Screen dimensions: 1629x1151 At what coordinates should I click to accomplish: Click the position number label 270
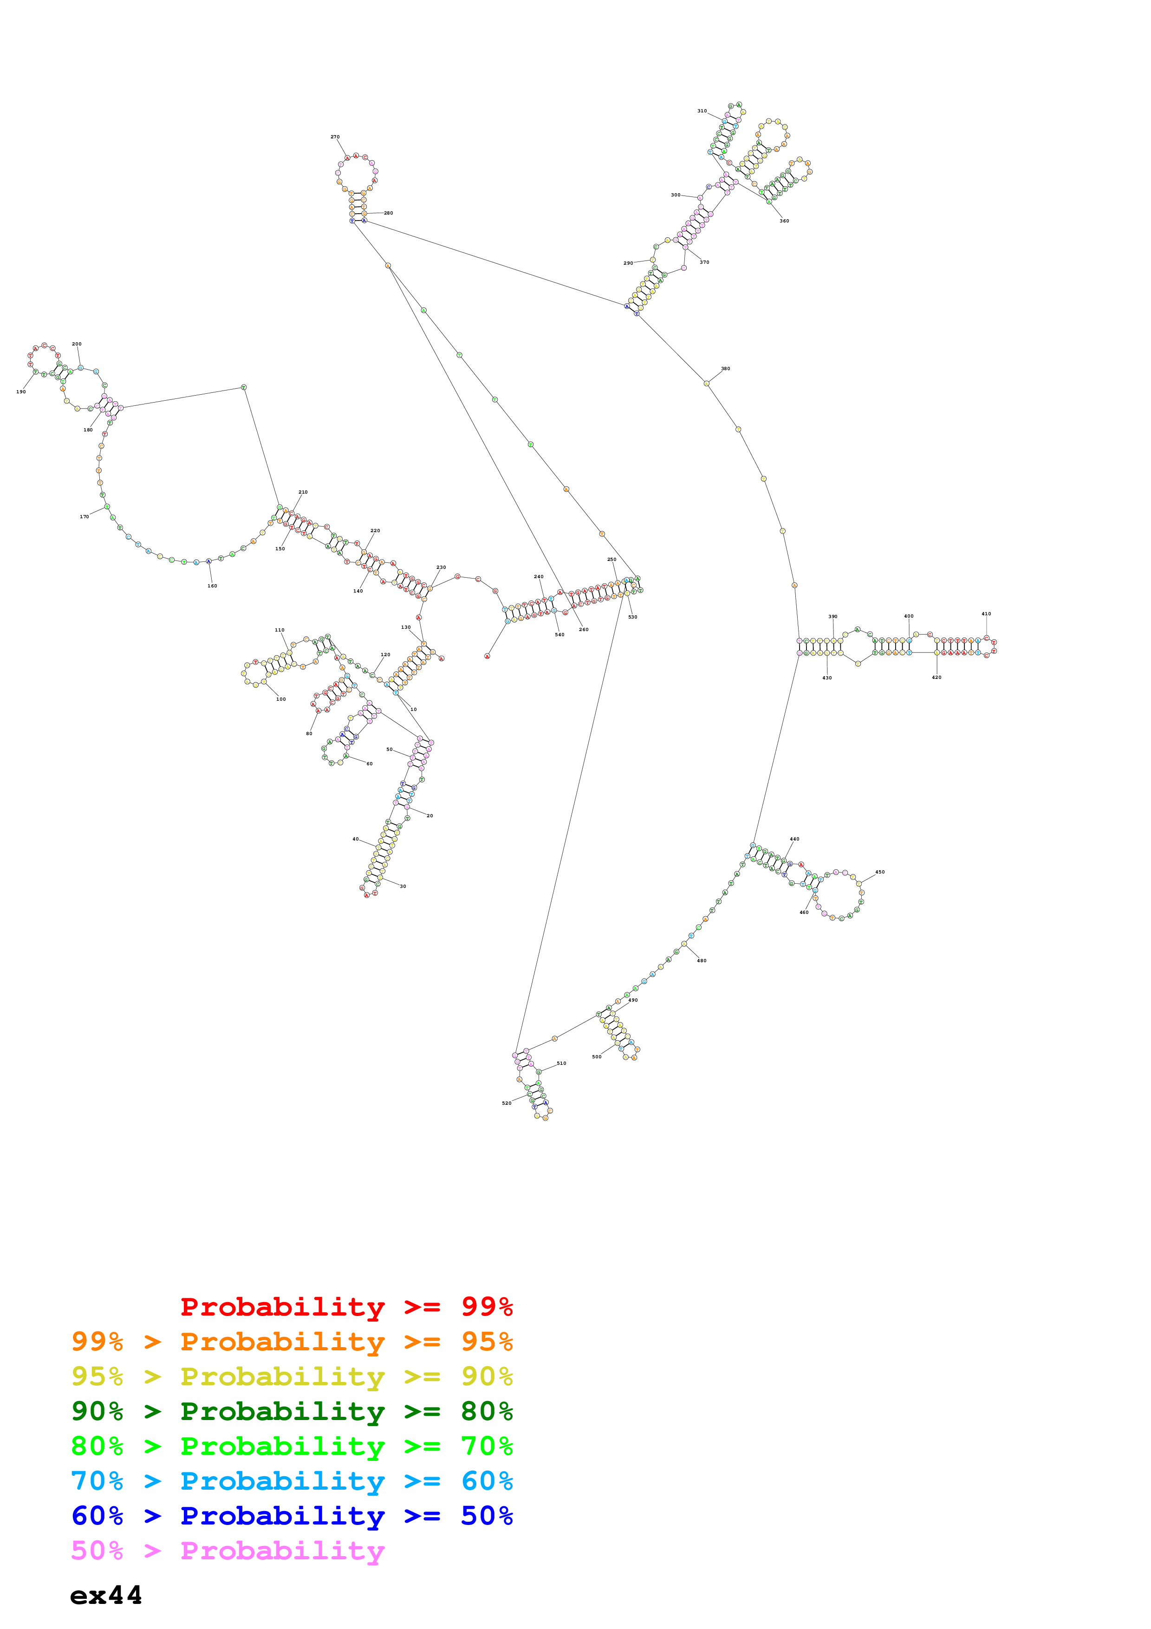click(335, 137)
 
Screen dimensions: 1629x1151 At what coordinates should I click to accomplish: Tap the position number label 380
click(726, 369)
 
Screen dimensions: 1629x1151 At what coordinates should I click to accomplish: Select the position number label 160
click(212, 586)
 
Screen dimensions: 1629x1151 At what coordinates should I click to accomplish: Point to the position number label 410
click(987, 614)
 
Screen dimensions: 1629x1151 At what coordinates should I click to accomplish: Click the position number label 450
click(880, 872)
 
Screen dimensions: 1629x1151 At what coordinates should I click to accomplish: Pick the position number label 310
click(702, 111)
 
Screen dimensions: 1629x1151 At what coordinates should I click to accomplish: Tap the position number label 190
click(21, 391)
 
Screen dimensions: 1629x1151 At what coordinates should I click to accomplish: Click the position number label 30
click(403, 886)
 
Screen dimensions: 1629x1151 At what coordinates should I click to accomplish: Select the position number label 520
click(507, 1103)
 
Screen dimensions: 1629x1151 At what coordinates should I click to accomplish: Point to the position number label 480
click(702, 961)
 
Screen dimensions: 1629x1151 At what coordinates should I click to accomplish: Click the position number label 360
click(784, 221)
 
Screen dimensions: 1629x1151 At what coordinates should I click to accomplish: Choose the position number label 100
click(281, 699)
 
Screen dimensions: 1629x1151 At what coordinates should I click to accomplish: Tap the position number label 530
click(632, 617)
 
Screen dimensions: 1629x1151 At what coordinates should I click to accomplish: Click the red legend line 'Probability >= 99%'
click(346, 1306)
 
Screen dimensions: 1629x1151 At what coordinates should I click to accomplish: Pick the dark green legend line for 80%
click(292, 1411)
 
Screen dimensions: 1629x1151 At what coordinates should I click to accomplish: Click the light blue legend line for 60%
click(292, 1481)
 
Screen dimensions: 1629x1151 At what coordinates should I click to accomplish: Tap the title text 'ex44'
click(106, 1595)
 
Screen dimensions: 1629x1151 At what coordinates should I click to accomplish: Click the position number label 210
click(303, 492)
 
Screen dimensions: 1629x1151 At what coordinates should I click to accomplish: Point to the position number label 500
click(597, 1056)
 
